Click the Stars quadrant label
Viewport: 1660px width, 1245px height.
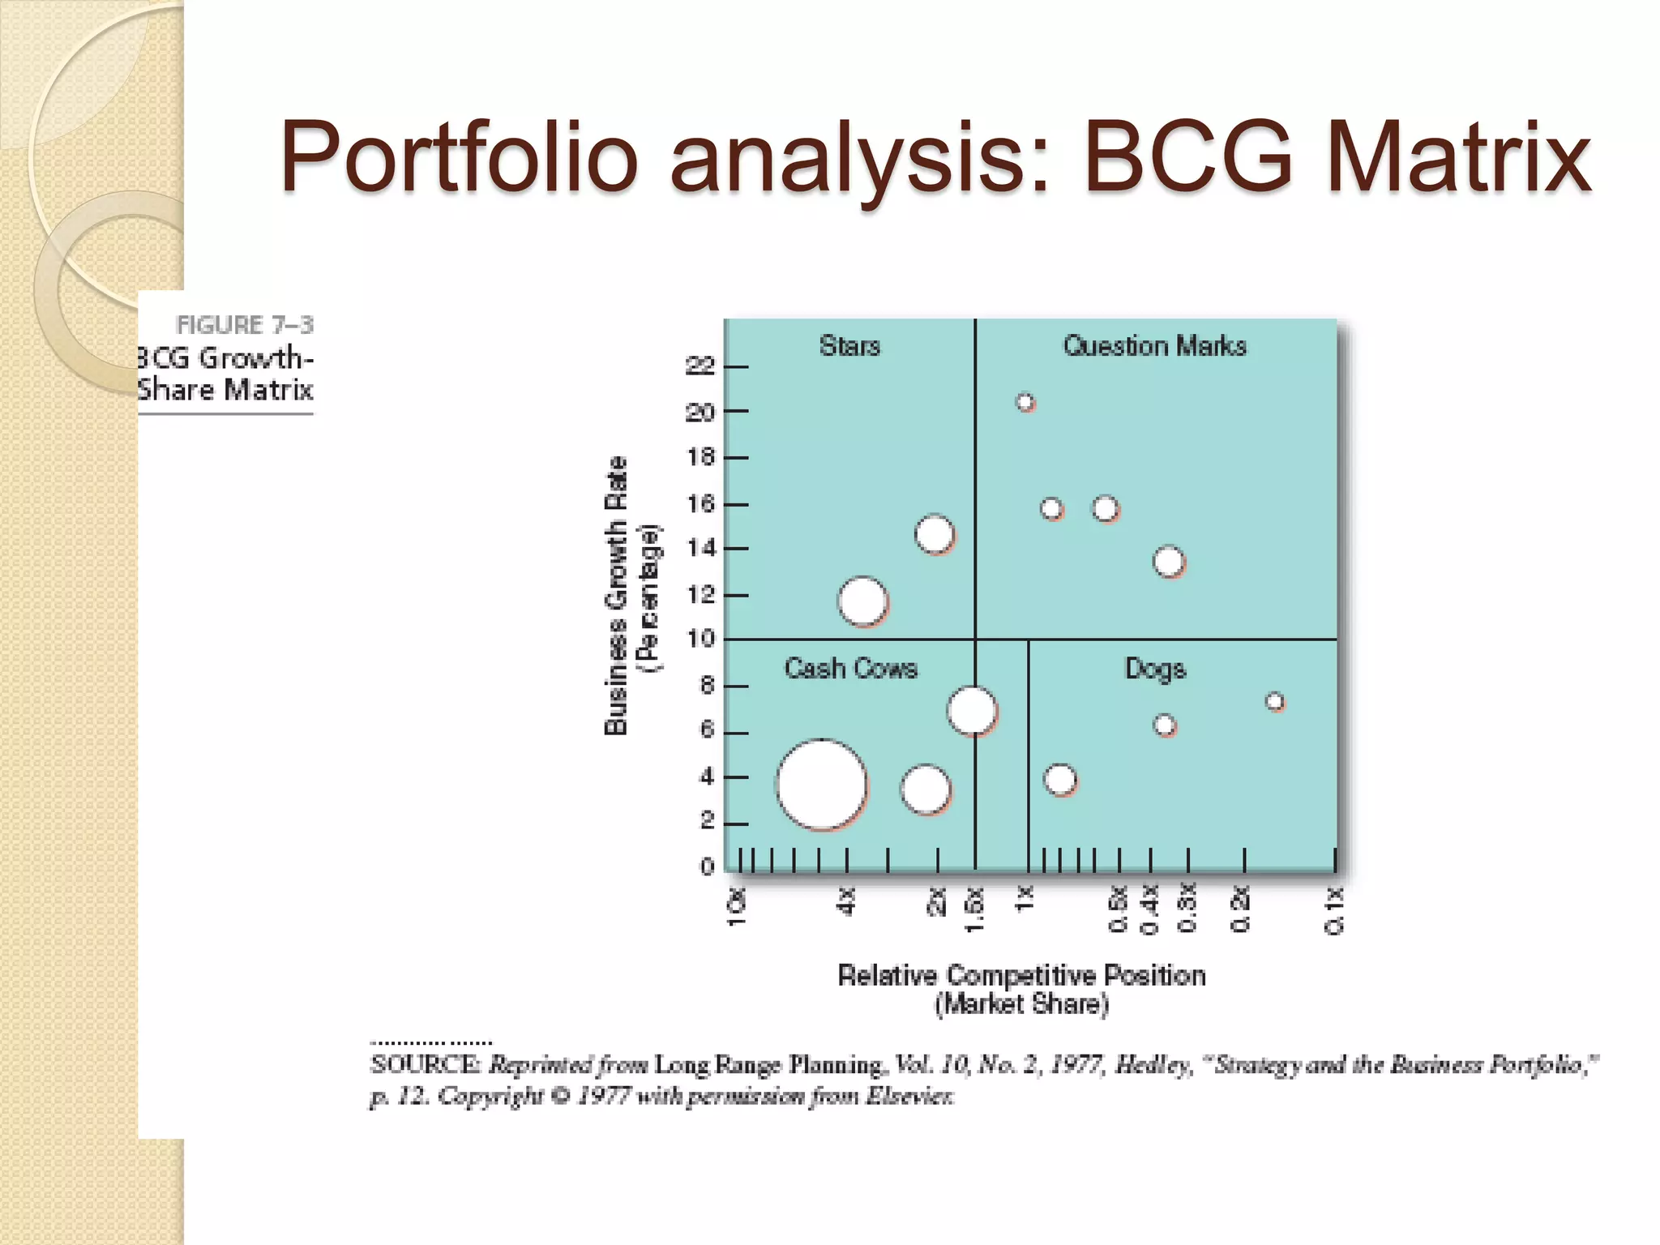click(849, 346)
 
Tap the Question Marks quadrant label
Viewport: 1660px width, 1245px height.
click(1154, 346)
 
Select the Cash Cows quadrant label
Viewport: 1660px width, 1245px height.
click(850, 669)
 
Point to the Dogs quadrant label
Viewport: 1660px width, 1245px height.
click(1155, 669)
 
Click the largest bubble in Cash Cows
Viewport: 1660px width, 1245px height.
click(822, 785)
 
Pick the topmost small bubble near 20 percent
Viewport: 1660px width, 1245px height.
click(1025, 402)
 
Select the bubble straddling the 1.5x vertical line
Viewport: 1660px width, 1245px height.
click(972, 711)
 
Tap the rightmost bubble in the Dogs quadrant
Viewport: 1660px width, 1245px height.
click(1275, 702)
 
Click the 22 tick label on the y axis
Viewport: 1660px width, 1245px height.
click(700, 366)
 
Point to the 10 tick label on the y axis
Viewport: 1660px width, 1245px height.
click(700, 640)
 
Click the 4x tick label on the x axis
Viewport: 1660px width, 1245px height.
click(846, 901)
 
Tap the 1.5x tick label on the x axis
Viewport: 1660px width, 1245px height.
click(975, 909)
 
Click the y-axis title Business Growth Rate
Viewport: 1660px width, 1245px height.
click(616, 596)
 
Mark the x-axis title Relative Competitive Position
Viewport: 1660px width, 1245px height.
click(1021, 975)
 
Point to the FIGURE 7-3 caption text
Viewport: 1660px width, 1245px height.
click(245, 325)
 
